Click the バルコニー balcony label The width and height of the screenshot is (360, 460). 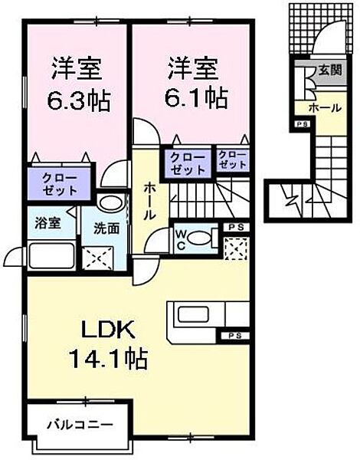[x=79, y=424]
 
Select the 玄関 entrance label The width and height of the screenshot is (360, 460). [x=330, y=71]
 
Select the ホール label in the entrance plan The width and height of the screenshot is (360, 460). [x=326, y=108]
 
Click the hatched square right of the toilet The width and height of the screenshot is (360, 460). [x=235, y=245]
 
